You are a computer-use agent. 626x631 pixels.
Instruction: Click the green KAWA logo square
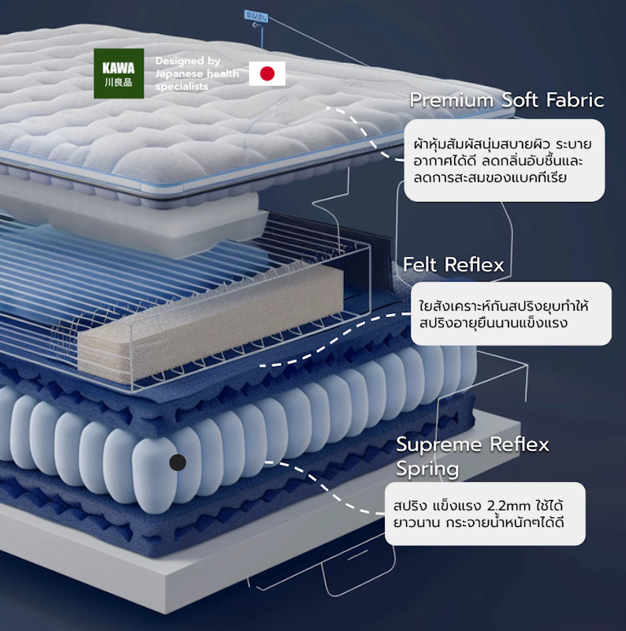(119, 73)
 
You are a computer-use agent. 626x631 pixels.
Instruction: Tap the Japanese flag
(267, 73)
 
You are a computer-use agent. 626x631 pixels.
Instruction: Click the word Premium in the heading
(452, 100)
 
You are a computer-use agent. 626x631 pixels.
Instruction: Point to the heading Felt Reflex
(453, 264)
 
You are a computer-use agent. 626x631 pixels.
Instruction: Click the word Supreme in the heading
(439, 445)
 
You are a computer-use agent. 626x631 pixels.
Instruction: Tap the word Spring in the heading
(427, 469)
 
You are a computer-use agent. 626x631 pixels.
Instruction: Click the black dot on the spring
(177, 462)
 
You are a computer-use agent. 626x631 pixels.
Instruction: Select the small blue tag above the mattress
(256, 17)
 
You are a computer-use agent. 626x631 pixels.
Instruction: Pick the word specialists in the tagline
(182, 87)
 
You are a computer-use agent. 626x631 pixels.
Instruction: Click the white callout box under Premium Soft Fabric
(505, 160)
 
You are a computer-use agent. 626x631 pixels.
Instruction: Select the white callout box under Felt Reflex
(511, 313)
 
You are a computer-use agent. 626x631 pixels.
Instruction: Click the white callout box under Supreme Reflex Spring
(485, 513)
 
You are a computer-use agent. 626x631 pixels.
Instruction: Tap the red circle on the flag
(267, 73)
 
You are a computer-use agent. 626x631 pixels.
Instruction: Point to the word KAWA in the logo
(118, 68)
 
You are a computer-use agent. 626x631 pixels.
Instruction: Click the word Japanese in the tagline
(181, 73)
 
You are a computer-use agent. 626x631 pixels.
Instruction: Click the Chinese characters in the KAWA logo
(118, 83)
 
